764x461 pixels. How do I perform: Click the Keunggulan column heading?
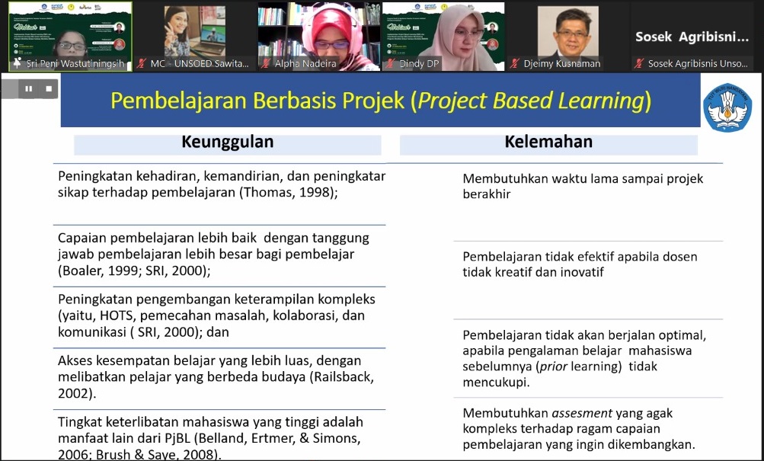[x=227, y=142]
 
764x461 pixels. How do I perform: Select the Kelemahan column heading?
[x=548, y=142]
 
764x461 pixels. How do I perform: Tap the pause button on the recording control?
[x=29, y=89]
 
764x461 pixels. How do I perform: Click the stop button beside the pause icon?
[x=48, y=89]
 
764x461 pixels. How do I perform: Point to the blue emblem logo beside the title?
[x=727, y=107]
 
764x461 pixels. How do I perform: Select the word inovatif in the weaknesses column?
[x=578, y=272]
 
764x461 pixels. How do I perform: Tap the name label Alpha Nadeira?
[x=311, y=64]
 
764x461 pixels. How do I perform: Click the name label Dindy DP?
[x=419, y=64]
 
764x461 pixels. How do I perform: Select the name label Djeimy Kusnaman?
[x=561, y=64]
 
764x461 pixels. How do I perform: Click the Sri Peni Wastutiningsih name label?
[x=74, y=64]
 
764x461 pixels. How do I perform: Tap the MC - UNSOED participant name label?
[x=199, y=64]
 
